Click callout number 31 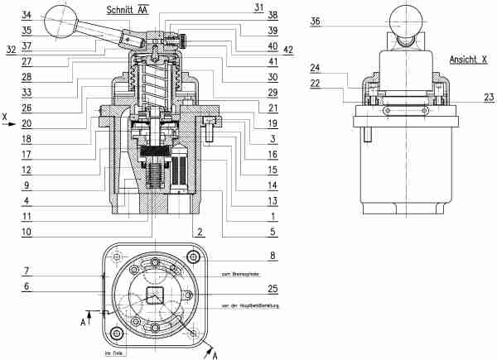(x=259, y=7)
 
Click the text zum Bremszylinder (x=241, y=273)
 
